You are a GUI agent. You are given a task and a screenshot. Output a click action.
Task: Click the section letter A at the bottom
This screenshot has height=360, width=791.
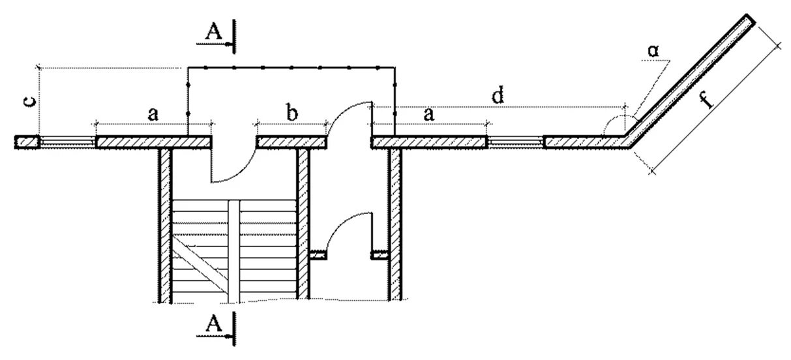[x=213, y=323]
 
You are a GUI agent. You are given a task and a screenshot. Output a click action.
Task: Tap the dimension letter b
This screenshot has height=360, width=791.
[x=291, y=113]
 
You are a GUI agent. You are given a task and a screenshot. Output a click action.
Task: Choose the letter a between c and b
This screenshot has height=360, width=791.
[x=153, y=114]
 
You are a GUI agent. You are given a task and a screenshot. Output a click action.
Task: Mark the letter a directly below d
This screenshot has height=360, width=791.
[x=428, y=114]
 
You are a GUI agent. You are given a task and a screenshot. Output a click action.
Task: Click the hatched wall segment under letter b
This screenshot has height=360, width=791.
[x=291, y=142]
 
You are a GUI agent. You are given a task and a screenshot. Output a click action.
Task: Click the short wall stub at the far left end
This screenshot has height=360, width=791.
[x=25, y=142]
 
